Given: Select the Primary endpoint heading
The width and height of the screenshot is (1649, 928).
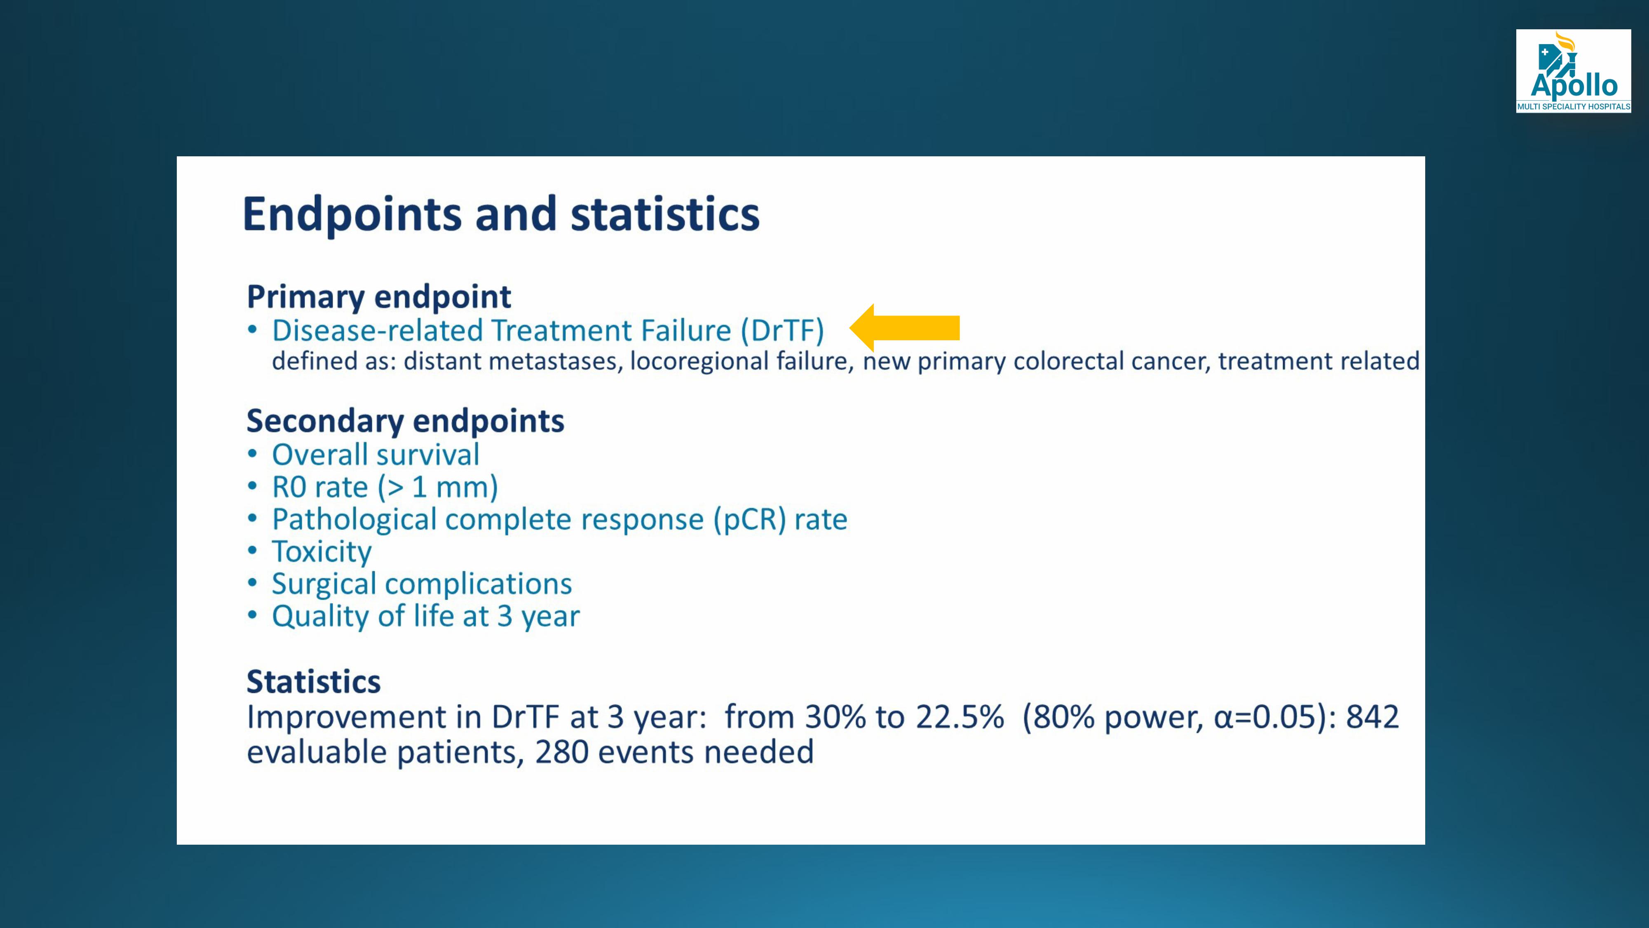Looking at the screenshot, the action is (379, 297).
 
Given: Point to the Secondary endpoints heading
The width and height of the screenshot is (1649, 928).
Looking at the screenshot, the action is (405, 421).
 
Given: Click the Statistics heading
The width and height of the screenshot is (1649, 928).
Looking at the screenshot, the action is (314, 681).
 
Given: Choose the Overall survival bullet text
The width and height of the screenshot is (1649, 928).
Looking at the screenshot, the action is (376, 455).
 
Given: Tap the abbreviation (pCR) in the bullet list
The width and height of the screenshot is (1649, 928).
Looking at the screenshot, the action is (750, 519).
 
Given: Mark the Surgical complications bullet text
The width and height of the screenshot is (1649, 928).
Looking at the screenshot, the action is (422, 584).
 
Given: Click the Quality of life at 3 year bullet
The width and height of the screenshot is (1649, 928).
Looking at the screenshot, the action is (426, 616).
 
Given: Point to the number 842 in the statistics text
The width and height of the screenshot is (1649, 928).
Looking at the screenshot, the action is (1372, 717).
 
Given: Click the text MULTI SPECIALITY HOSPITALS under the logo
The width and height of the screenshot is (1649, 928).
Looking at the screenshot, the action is (1574, 107).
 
